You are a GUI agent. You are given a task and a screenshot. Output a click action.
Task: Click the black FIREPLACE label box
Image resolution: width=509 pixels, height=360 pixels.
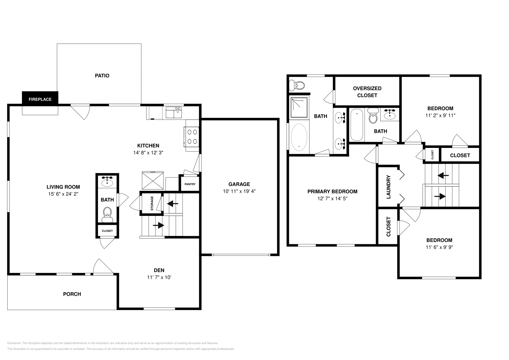40,99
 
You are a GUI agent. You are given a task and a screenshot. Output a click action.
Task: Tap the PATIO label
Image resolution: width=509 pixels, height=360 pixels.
102,76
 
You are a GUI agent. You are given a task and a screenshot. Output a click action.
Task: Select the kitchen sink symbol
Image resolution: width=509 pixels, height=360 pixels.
174,113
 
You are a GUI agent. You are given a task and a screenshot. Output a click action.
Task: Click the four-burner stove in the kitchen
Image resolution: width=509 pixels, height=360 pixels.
192,136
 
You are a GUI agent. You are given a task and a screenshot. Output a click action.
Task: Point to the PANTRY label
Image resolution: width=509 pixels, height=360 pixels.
190,184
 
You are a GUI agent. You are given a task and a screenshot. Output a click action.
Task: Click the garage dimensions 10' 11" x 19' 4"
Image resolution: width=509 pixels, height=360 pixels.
239,191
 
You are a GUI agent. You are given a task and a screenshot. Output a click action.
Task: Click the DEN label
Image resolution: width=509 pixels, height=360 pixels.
159,270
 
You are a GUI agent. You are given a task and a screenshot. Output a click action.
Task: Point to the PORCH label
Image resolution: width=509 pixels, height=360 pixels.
72,294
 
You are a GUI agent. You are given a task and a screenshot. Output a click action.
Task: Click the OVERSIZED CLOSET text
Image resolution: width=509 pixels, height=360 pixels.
367,92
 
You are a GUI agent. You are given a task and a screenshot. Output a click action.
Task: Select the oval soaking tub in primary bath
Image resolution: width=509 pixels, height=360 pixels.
299,137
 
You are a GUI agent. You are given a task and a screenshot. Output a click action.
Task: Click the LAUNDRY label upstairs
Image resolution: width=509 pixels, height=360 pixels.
388,187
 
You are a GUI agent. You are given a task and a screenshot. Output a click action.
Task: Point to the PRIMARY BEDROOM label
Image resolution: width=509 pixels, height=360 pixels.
332,191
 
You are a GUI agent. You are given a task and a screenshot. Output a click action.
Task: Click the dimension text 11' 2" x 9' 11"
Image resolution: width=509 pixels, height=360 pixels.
440,115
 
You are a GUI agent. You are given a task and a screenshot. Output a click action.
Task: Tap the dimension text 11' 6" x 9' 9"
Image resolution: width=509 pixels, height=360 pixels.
439,247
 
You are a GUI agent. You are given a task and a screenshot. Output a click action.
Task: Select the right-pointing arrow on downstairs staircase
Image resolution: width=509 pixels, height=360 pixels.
158,225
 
